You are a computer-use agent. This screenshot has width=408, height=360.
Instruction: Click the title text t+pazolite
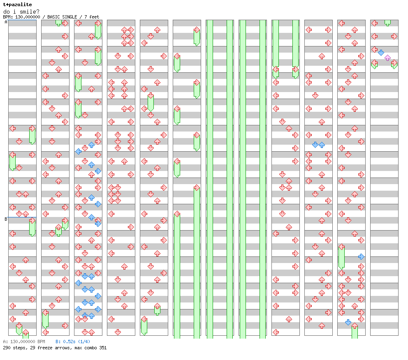click(x=17, y=5)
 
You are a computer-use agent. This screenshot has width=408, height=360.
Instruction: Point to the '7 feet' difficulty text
click(x=92, y=17)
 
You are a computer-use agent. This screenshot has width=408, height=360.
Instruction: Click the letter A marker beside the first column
click(x=6, y=22)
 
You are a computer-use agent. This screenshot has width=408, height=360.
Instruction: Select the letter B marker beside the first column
click(x=6, y=219)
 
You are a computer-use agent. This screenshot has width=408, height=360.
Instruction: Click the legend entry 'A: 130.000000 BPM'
click(x=24, y=342)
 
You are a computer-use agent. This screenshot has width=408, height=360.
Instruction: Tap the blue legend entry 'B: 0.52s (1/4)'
click(x=73, y=342)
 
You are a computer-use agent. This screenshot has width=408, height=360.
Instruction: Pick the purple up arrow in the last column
click(x=387, y=58)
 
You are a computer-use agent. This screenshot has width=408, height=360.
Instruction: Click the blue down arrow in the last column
click(x=381, y=53)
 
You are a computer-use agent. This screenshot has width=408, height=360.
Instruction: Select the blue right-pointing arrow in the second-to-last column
click(x=361, y=256)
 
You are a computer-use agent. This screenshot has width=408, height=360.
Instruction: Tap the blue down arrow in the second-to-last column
click(x=348, y=322)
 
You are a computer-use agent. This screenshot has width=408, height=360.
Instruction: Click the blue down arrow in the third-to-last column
click(x=315, y=145)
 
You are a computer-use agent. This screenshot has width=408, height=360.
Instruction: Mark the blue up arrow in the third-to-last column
click(x=322, y=145)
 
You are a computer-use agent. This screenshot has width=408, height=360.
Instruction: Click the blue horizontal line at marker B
click(x=22, y=217)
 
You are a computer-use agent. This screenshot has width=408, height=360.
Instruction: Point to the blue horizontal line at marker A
click(x=22, y=20)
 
